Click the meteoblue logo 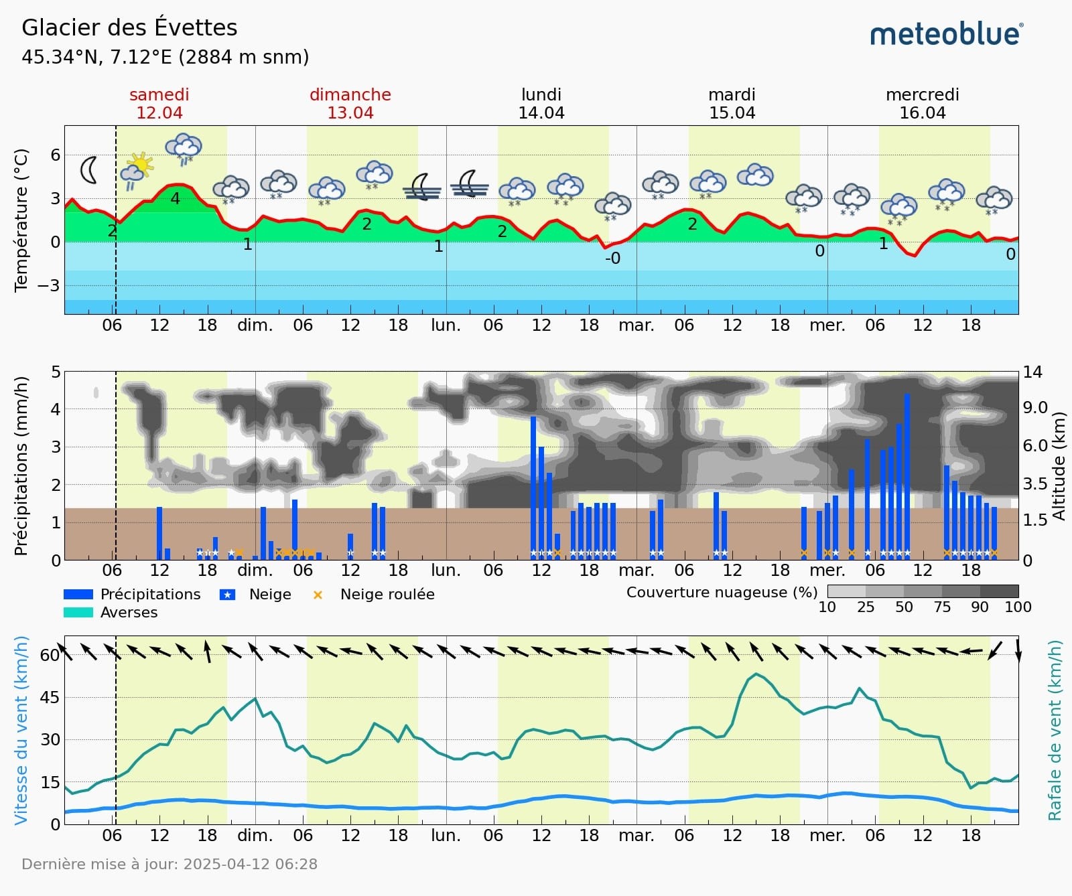[x=946, y=34]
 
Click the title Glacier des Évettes [x=129, y=27]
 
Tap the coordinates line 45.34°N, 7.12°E [x=165, y=57]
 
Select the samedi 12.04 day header [x=159, y=104]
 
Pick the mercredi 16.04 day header [x=922, y=104]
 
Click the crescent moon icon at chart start [x=88, y=170]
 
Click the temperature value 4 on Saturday [x=175, y=198]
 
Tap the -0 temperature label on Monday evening [x=612, y=258]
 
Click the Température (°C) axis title [x=21, y=220]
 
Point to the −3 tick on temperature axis [x=48, y=285]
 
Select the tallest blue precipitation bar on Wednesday [x=907, y=475]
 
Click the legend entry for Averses [x=129, y=612]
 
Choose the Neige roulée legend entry [x=387, y=594]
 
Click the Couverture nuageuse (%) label [x=722, y=592]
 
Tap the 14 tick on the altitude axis [x=1032, y=372]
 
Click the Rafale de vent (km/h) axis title [x=1055, y=730]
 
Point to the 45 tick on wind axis [x=50, y=697]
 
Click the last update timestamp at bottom [x=170, y=864]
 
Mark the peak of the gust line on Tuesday [x=756, y=674]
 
